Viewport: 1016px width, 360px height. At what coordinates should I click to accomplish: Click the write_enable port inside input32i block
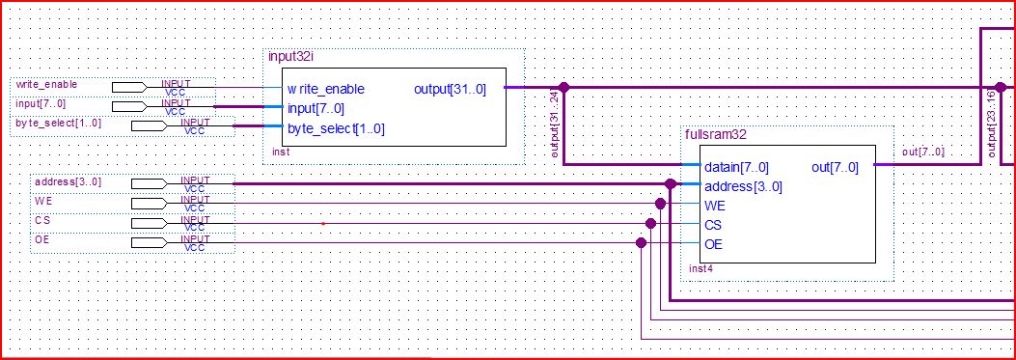325,89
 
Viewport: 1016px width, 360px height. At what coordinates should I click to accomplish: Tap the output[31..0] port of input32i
451,89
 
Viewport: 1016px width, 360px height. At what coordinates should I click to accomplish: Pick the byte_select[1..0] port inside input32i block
336,127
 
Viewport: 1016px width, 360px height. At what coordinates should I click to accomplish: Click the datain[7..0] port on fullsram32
736,167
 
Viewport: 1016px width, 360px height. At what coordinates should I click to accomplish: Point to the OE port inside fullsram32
714,244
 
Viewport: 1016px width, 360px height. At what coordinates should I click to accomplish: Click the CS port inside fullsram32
714,225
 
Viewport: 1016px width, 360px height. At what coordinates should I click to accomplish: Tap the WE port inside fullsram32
716,206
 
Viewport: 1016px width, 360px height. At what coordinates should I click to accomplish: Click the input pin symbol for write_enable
129,87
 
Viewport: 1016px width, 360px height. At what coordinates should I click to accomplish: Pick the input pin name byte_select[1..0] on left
58,124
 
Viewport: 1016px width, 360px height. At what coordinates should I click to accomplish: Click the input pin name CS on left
42,220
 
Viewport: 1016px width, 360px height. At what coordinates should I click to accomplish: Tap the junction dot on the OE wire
641,243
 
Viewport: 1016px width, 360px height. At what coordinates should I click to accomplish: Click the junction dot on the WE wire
660,204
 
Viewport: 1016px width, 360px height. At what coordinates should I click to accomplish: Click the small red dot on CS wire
322,224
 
